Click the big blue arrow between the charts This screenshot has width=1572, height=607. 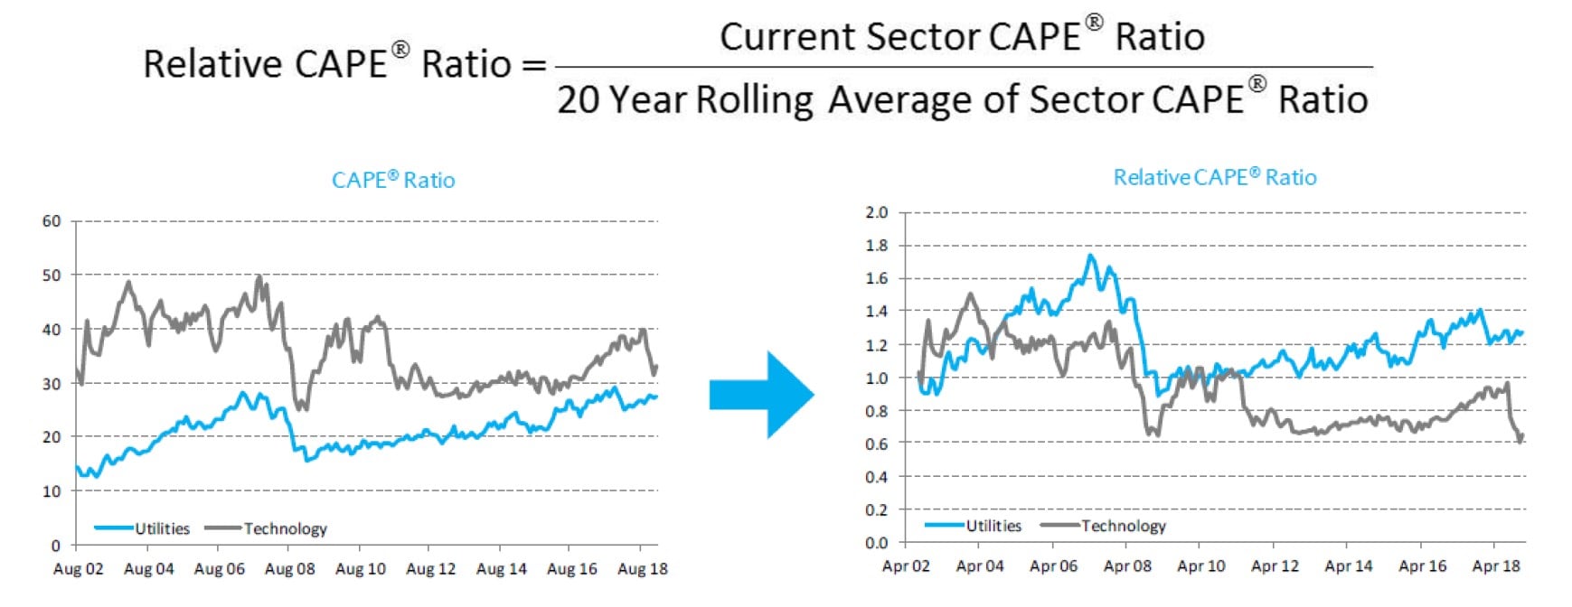[x=761, y=395]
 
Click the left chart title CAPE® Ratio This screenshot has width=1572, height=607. [x=393, y=180]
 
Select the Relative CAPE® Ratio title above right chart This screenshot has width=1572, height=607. [x=1214, y=177]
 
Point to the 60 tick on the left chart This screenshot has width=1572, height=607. [x=52, y=221]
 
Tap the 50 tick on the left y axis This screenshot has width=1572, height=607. [x=52, y=275]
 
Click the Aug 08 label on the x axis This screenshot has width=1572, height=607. [x=289, y=569]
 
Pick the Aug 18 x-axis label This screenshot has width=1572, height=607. [x=642, y=569]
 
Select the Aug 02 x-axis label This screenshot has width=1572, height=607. [x=78, y=569]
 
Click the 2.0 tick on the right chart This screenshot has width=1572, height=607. [x=876, y=212]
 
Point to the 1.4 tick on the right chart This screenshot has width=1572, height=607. [x=876, y=312]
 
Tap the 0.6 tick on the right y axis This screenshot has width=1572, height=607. [x=876, y=444]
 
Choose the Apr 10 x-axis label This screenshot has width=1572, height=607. [x=1200, y=566]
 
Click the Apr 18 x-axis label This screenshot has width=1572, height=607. [x=1496, y=566]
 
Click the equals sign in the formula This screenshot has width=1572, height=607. [x=534, y=66]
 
